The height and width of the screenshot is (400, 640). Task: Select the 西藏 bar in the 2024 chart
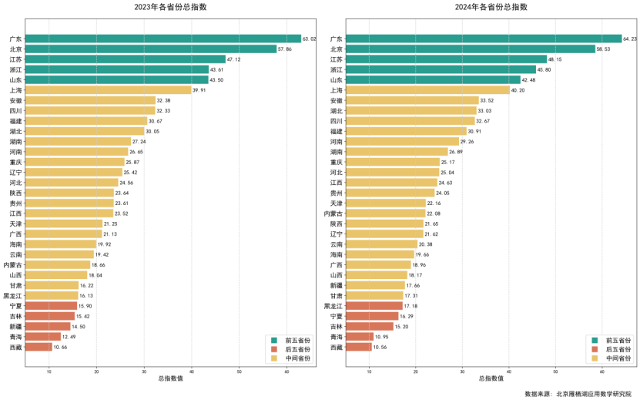(x=358, y=347)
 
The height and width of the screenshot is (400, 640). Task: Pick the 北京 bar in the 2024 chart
(x=471, y=49)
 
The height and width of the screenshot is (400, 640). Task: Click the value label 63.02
(x=310, y=39)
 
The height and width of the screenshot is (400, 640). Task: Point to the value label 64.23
(x=630, y=39)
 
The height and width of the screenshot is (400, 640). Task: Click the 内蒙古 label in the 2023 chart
(x=13, y=264)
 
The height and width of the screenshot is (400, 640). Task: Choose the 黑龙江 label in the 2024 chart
(x=333, y=306)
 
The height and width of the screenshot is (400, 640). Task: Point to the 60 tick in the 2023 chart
(x=286, y=371)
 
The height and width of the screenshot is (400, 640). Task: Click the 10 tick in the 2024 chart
(x=369, y=371)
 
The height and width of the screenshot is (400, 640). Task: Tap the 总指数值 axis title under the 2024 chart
(x=491, y=379)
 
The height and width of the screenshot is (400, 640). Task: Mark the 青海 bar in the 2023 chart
(x=42, y=337)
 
